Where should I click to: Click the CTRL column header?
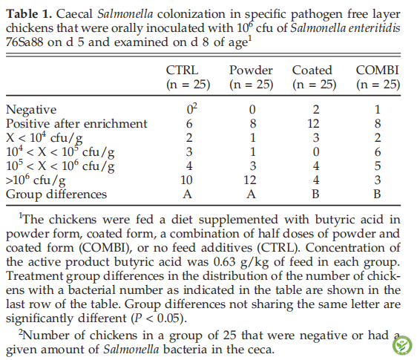(183, 71)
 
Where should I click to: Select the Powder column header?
(251, 71)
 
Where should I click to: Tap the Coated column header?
(312, 71)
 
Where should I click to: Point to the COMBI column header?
(378, 71)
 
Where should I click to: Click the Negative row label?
(31, 110)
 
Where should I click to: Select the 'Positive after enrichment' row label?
(76, 124)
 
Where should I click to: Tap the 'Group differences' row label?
(56, 194)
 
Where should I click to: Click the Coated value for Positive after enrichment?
(313, 124)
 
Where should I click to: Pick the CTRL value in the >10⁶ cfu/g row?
(186, 180)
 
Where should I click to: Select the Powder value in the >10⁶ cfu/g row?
(250, 180)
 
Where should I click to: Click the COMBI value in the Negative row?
(378, 110)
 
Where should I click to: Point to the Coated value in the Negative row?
(316, 110)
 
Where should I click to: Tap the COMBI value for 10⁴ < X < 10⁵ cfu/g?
(378, 152)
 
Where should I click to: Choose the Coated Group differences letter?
(315, 194)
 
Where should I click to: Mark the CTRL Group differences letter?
(187, 194)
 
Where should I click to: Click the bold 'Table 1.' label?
(29, 14)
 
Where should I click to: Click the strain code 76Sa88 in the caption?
(24, 42)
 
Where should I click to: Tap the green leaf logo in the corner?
(402, 345)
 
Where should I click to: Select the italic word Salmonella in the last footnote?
(131, 350)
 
